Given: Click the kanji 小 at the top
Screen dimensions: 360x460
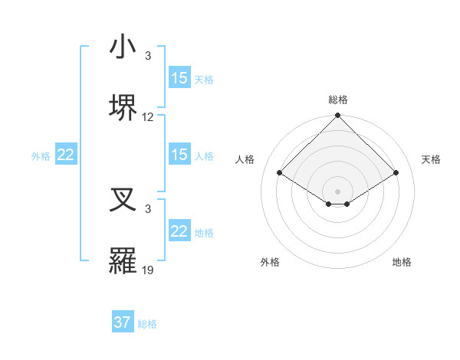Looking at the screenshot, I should click(x=123, y=48).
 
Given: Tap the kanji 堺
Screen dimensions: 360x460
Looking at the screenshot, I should click(x=123, y=106).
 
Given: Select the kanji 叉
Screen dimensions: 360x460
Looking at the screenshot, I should click(x=123, y=201).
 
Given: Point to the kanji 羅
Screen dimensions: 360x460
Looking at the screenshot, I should click(x=123, y=260).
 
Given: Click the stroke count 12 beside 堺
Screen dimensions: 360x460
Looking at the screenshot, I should click(x=148, y=117).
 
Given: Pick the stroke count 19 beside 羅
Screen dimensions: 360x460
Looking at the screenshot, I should click(x=148, y=270).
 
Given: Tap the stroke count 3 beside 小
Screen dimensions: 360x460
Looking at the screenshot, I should click(x=148, y=57).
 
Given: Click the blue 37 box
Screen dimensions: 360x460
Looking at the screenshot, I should click(x=123, y=322).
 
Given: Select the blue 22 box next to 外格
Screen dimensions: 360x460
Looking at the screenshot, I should click(x=66, y=155).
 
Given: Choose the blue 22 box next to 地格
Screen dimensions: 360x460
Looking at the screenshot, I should click(x=179, y=231).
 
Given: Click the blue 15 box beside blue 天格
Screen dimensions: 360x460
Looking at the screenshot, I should click(x=179, y=78).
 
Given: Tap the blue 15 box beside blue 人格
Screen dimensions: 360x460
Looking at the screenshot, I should click(x=179, y=155).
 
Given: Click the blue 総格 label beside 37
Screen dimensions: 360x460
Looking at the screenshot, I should click(x=147, y=324).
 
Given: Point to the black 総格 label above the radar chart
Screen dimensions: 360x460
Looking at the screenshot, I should click(x=337, y=100).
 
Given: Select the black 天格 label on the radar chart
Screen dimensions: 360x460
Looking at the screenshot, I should click(x=431, y=159).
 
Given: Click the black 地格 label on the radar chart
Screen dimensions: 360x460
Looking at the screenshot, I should click(x=402, y=262).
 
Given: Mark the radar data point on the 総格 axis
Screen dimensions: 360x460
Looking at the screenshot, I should click(x=337, y=116).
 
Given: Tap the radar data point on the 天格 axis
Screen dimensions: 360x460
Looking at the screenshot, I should click(x=396, y=173).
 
